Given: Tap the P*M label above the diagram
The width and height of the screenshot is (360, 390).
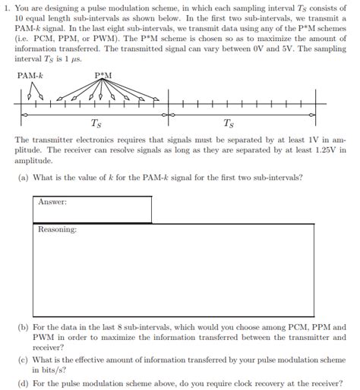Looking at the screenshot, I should [x=104, y=75].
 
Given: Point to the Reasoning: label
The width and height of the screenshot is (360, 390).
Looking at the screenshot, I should [x=58, y=229].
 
